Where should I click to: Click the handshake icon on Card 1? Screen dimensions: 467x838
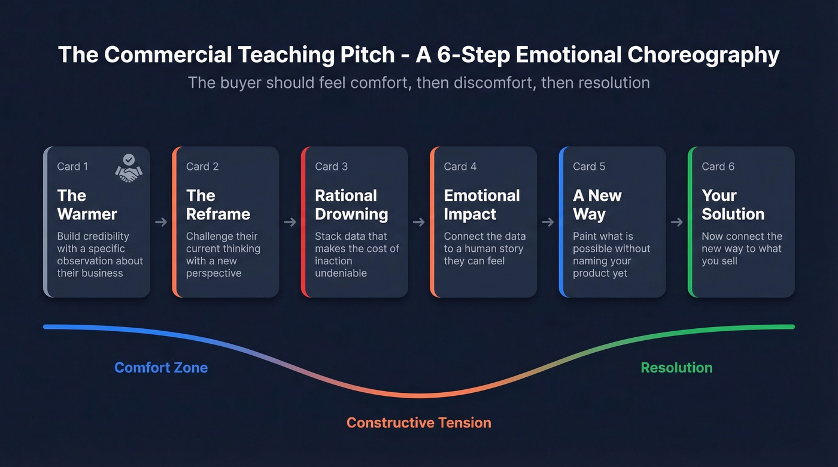129,168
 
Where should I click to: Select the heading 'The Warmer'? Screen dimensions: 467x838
87,204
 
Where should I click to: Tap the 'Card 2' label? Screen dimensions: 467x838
202,166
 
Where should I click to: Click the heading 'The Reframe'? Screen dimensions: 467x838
218,204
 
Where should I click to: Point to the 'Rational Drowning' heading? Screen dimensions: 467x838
351,204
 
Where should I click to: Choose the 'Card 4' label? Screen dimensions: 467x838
460,166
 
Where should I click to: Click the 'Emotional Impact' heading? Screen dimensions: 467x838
481,204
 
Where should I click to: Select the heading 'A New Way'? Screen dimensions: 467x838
597,204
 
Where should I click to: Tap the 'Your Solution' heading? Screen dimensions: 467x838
733,204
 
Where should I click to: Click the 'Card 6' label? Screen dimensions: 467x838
718,166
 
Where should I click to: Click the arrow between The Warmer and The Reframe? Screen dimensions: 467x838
161,222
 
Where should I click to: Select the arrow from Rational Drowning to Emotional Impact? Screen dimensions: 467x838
419,222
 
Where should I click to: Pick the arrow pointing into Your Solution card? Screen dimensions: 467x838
677,222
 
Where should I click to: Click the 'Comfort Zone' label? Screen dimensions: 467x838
161,367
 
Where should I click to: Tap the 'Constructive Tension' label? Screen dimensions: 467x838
418,423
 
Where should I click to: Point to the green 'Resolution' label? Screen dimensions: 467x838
676,367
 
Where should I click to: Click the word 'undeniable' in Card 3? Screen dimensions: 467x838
341,273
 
